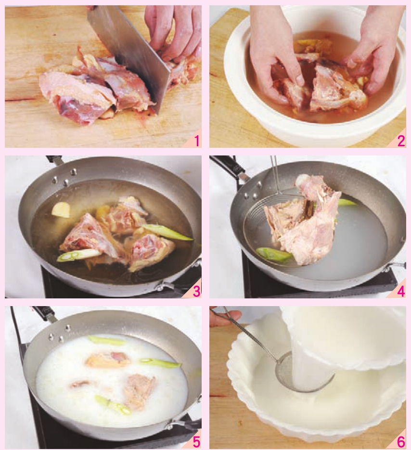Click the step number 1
point(197,141)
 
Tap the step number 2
point(401,141)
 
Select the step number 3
point(197,291)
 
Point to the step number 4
point(401,291)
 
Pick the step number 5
point(197,442)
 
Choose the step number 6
point(401,442)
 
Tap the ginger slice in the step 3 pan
point(61,209)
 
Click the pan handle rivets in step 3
point(64,177)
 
